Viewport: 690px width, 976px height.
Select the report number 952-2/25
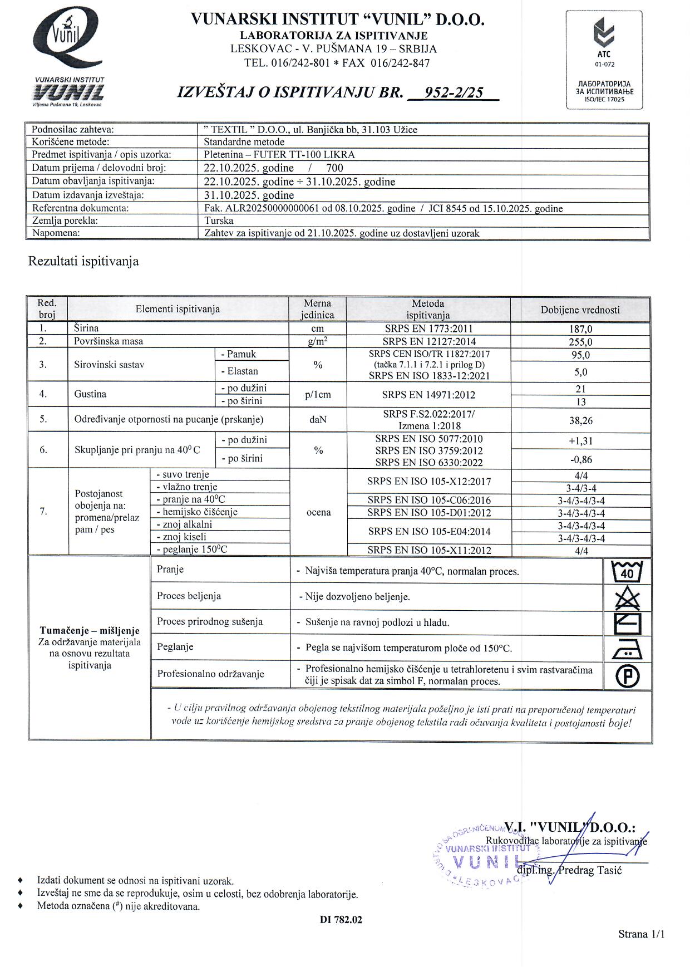[454, 92]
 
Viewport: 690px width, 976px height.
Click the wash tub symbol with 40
[627, 571]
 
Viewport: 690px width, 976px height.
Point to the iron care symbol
[627, 649]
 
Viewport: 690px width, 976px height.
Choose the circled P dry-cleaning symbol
[627, 676]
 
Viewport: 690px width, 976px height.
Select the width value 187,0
[580, 329]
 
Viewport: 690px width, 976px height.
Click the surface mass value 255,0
[580, 342]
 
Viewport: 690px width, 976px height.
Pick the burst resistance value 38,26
[580, 421]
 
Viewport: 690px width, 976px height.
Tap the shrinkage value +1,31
[580, 441]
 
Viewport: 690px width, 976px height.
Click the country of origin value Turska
[219, 220]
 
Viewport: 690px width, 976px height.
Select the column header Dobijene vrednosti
[580, 310]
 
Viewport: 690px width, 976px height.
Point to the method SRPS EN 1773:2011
[428, 329]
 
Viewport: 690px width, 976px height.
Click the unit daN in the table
[318, 420]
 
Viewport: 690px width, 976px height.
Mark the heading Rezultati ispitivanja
[83, 261]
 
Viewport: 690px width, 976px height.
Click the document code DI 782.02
[341, 920]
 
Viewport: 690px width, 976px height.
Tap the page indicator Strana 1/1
[641, 934]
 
